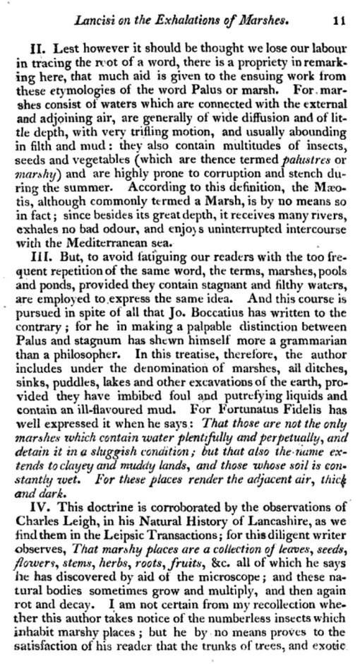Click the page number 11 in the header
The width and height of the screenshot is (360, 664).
338,22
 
